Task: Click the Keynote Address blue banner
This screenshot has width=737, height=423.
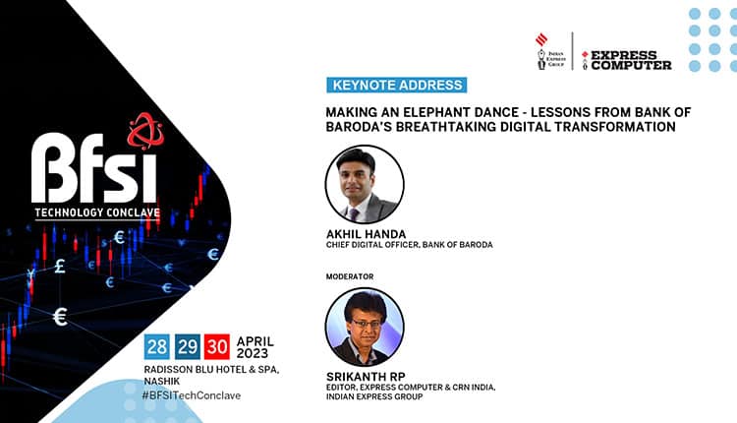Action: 395,85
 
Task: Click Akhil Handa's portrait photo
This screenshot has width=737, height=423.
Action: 364,185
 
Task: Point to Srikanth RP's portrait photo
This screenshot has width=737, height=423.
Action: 364,328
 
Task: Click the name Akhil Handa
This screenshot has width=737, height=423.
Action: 365,234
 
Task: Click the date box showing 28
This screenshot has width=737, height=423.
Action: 156,345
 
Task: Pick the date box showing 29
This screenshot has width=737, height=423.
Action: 187,345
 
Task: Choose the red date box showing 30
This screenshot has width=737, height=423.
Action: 217,345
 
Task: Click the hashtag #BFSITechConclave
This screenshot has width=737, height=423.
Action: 192,395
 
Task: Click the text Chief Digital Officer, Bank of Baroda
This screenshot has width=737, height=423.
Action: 409,245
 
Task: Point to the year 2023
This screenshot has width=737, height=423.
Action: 255,354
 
